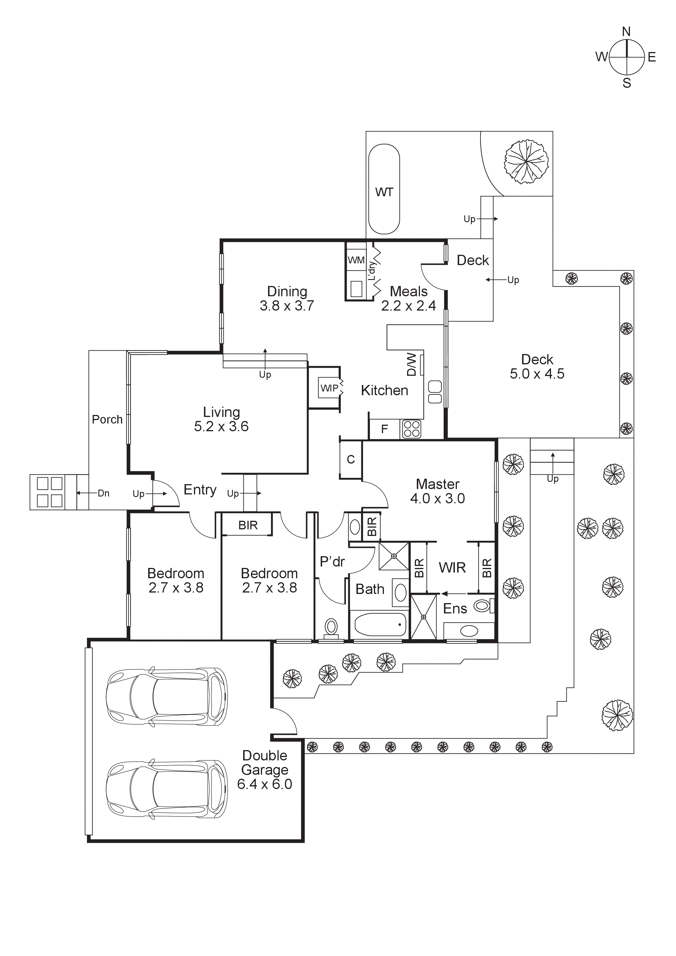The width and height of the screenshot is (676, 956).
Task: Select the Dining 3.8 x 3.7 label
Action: click(287, 299)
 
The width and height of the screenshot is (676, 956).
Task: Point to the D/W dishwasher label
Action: click(411, 364)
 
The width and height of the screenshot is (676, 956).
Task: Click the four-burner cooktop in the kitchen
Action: click(411, 429)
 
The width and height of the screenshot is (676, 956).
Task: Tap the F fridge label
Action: click(384, 429)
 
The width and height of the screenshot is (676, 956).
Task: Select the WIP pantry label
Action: click(330, 388)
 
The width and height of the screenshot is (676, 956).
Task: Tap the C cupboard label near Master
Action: click(351, 459)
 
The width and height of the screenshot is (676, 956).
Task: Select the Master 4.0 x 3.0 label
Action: click(437, 491)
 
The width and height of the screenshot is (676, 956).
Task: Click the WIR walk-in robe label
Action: click(452, 568)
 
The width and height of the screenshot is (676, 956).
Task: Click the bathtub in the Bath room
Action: click(380, 625)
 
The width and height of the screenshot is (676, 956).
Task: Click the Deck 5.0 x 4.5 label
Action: click(537, 366)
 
